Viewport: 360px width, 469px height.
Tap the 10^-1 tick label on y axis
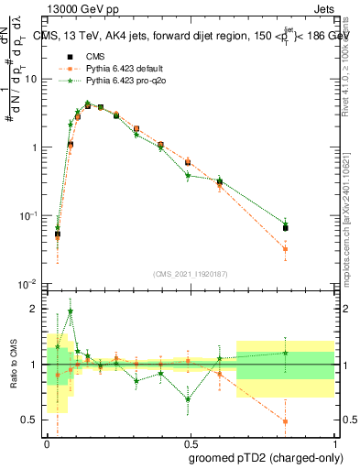tap(27, 216)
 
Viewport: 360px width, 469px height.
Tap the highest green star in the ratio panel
tap(71, 311)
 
